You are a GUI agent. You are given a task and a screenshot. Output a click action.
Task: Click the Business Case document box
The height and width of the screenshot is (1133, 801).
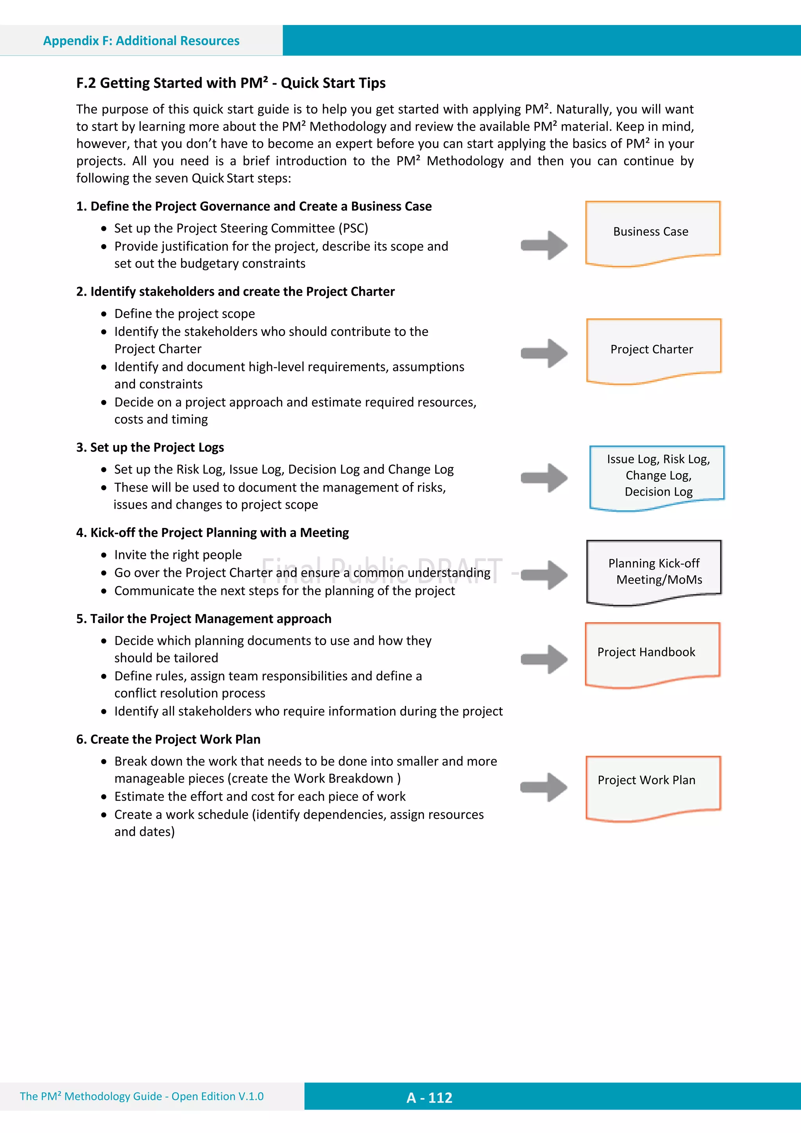tap(652, 232)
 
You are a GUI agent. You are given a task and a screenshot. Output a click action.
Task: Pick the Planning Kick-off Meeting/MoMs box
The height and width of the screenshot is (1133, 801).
tap(654, 571)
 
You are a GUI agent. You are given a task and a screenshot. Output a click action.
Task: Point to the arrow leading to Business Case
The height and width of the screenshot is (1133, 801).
tap(544, 245)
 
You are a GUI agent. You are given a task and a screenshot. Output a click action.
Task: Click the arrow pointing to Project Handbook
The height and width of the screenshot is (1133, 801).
tap(544, 659)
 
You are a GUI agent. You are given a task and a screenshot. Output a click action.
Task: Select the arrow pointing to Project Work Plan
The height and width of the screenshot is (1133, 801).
tap(544, 787)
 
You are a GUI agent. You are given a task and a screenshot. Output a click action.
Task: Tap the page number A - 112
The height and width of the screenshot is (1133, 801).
tap(429, 1097)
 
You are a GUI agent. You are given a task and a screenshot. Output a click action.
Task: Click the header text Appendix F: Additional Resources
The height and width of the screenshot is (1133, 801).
tap(141, 41)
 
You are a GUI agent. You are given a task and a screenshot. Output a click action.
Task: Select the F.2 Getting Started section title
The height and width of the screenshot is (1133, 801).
tap(230, 83)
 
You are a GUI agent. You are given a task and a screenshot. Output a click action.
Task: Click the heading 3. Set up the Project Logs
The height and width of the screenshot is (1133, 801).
tap(150, 447)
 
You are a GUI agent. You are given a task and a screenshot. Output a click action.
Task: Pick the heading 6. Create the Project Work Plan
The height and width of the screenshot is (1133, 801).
tap(168, 739)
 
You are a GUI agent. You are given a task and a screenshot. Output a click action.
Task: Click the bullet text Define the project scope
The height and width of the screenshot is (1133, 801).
tap(185, 314)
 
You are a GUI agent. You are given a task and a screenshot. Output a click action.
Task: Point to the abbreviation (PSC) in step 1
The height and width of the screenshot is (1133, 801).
tap(353, 228)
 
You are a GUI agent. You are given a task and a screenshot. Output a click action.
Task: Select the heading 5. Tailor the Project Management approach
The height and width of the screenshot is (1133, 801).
tap(203, 619)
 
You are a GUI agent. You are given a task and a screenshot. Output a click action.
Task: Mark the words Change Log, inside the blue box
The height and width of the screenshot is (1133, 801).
tap(658, 476)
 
